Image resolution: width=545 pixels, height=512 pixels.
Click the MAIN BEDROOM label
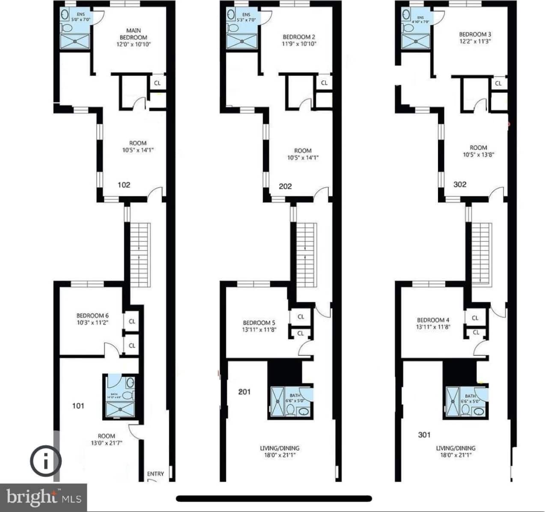134,34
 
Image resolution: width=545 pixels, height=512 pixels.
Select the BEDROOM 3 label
475,34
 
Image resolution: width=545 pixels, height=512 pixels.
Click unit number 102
124,185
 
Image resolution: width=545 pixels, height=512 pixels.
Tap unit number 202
285,186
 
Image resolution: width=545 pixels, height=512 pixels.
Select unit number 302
460,185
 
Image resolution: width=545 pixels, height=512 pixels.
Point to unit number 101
78,406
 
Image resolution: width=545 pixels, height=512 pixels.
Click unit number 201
244,392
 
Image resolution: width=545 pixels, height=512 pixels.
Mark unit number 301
424,435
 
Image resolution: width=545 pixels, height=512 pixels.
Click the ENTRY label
155,473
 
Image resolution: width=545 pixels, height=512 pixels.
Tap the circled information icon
45,461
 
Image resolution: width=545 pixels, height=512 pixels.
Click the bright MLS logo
43,497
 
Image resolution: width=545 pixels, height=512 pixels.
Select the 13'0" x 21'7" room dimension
107,443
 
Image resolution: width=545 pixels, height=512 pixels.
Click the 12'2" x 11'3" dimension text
475,42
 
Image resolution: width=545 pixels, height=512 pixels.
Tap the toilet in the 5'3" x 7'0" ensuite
233,28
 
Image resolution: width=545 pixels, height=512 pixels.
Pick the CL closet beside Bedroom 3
498,83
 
